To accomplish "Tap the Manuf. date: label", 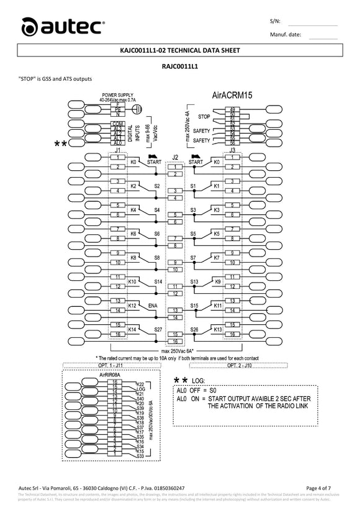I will [286, 34].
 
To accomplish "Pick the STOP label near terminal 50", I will [204, 116].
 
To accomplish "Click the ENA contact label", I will [153, 306].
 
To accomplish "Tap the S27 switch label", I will [158, 329].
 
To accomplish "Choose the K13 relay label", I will [217, 329].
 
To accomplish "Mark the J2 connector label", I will [175, 157].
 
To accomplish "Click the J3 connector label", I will [232, 150].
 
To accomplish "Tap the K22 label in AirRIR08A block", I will [140, 385].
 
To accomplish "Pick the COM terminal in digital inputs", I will [117, 124].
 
